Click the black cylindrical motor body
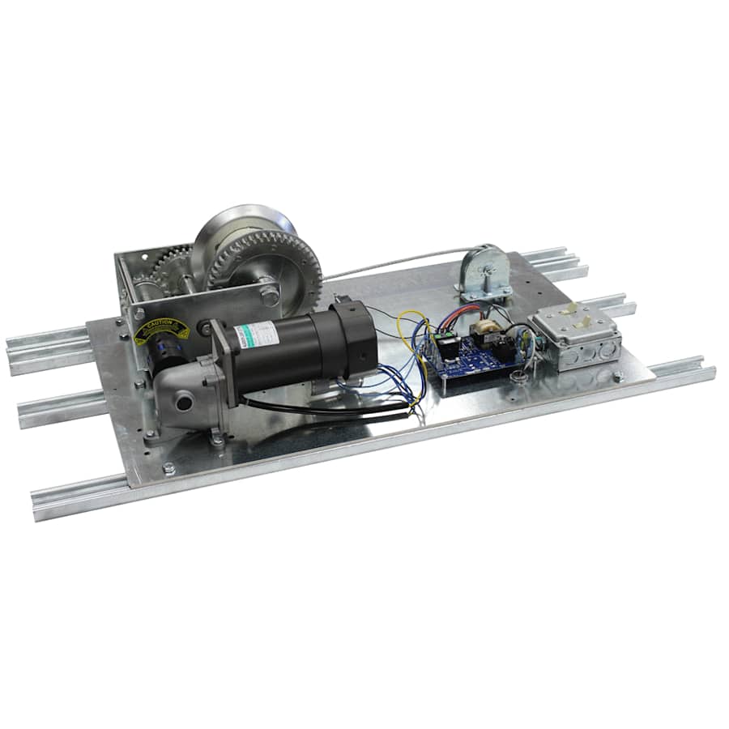(x=308, y=344)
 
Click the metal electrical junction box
(x=577, y=336)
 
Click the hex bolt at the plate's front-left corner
(x=168, y=468)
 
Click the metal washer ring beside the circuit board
(x=518, y=375)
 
